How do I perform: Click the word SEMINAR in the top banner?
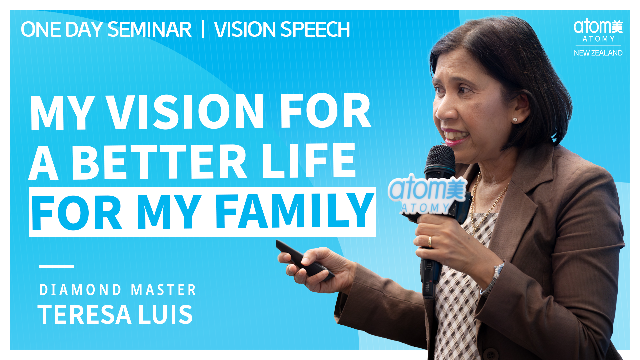click(149, 29)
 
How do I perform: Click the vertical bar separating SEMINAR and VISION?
click(203, 29)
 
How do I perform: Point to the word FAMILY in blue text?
click(295, 212)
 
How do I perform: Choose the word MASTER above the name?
click(163, 290)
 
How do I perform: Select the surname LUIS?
click(166, 314)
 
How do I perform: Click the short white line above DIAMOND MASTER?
click(56, 266)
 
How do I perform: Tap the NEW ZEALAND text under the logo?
click(598, 53)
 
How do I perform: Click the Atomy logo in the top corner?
click(598, 31)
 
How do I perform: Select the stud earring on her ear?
click(515, 119)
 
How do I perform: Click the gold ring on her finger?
click(430, 241)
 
